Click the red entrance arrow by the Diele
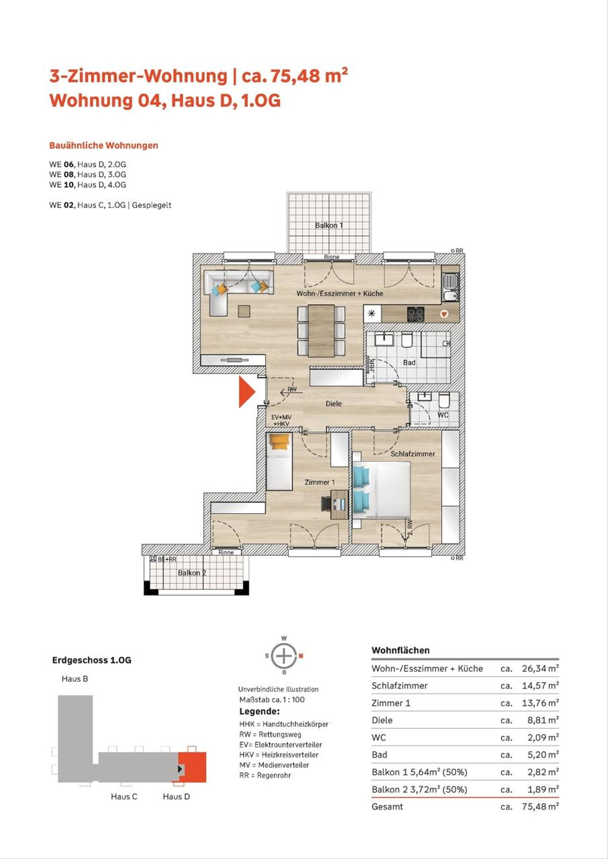coord(246,391)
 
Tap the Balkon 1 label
coord(328,225)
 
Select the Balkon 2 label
coord(192,572)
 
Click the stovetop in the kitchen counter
coord(415,314)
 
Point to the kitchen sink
coord(450,288)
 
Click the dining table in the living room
coord(321,330)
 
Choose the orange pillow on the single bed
coord(279,441)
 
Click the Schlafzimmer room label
coord(412,454)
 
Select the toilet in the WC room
coord(444,401)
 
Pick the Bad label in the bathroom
coord(409,362)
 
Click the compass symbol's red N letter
coord(301,656)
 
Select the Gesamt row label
coord(387,806)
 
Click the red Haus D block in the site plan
coord(193,767)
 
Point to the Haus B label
coord(75,679)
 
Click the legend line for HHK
coord(284,724)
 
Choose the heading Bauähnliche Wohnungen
coord(104,145)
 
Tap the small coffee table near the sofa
coord(244,311)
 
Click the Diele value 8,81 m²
coord(543,720)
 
